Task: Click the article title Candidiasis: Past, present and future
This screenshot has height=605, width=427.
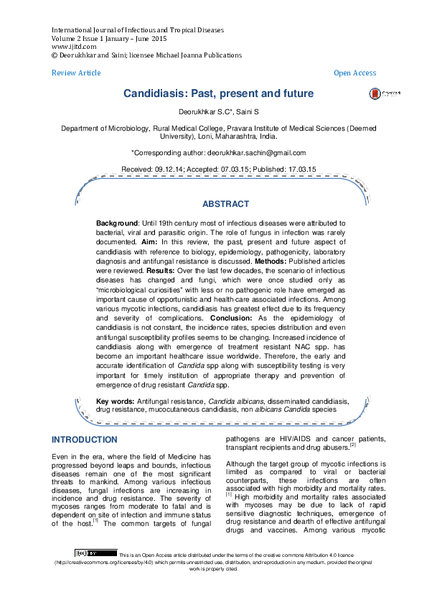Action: point(218,94)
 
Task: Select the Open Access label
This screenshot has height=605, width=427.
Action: point(355,73)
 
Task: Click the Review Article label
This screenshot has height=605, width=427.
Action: point(76,73)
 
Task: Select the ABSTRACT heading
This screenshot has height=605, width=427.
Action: point(225,204)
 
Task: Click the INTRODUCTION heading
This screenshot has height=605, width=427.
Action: point(85,440)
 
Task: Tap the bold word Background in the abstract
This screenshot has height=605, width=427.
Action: point(118,224)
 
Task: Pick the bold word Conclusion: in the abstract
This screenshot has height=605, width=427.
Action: point(233,318)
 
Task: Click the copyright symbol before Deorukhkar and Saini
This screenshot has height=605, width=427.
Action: point(55,55)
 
